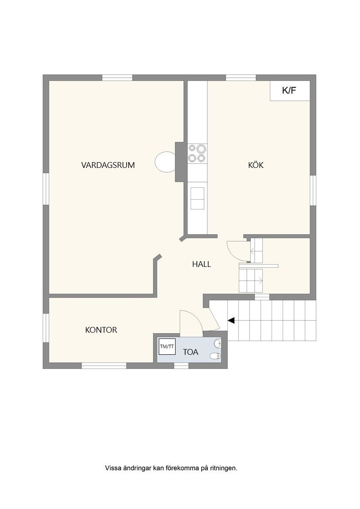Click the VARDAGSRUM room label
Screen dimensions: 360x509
[x=108, y=165]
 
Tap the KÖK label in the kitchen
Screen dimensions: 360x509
[x=256, y=165]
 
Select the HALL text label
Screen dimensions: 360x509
[x=201, y=264]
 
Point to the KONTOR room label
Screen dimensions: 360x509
[x=101, y=330]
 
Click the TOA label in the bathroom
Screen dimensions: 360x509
[x=191, y=352]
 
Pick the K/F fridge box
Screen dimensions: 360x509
[x=290, y=91]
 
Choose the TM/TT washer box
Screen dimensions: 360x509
[x=167, y=346]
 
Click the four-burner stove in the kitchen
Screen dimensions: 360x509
[x=198, y=153]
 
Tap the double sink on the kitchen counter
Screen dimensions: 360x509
[x=198, y=198]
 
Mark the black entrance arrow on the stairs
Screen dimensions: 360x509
[x=231, y=321]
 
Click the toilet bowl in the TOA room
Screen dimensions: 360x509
[x=215, y=356]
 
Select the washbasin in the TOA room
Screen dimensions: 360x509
[x=218, y=343]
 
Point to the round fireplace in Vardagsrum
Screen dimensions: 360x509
[x=165, y=162]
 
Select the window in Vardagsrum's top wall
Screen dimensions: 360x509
[x=117, y=78]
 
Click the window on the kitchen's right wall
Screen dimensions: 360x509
[x=313, y=190]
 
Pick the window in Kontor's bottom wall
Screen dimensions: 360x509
[x=104, y=366]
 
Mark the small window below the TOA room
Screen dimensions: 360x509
[x=181, y=366]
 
